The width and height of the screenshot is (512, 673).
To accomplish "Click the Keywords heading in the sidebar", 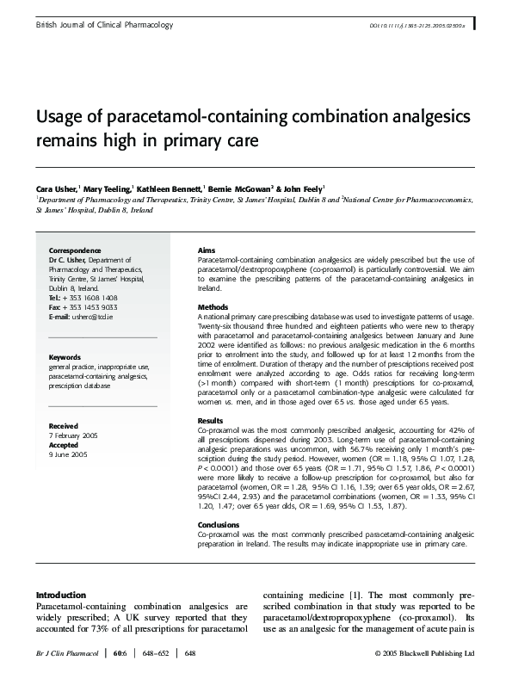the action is tap(65, 357).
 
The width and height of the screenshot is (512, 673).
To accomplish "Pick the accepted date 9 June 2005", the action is tap(70, 453).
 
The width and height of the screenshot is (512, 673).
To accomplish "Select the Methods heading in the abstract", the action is tap(213, 306).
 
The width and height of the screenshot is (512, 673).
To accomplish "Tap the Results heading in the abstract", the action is tap(211, 420).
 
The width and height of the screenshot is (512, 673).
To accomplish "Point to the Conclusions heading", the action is tap(219, 524).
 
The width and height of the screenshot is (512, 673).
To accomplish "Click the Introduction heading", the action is tap(60, 595).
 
